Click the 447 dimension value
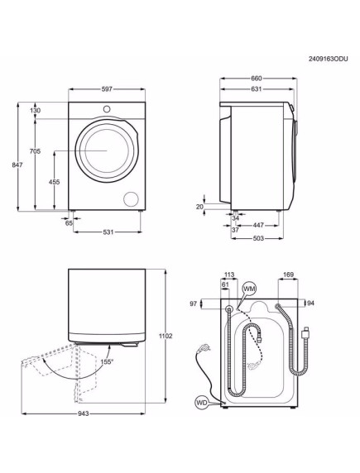[x=259, y=224]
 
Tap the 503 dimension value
[x=258, y=239]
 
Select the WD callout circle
[x=200, y=404]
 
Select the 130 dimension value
[x=36, y=110]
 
